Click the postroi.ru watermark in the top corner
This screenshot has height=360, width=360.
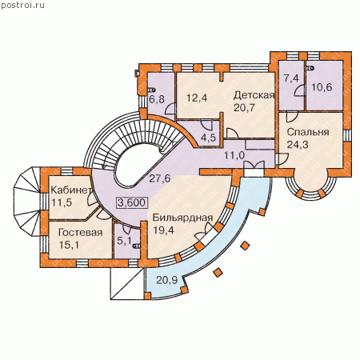(22, 6)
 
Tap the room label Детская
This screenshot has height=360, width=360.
(254, 95)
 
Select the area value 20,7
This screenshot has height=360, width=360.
(245, 108)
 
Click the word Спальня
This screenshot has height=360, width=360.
(308, 133)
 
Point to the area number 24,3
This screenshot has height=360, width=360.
(298, 145)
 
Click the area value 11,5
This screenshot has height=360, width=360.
(62, 202)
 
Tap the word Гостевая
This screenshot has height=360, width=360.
(80, 233)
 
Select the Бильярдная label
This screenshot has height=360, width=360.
(182, 218)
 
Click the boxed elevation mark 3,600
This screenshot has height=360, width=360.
(132, 202)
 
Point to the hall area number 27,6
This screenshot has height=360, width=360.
(159, 178)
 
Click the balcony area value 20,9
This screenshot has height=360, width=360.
(167, 280)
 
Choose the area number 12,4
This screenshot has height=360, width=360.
(197, 98)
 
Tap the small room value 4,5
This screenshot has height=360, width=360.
(208, 138)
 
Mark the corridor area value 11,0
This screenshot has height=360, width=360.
(234, 155)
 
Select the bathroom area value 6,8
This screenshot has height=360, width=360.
(157, 99)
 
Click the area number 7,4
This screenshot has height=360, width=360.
(291, 78)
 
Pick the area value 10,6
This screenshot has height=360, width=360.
(322, 87)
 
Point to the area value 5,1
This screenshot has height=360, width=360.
(124, 241)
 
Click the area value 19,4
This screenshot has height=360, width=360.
(163, 230)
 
